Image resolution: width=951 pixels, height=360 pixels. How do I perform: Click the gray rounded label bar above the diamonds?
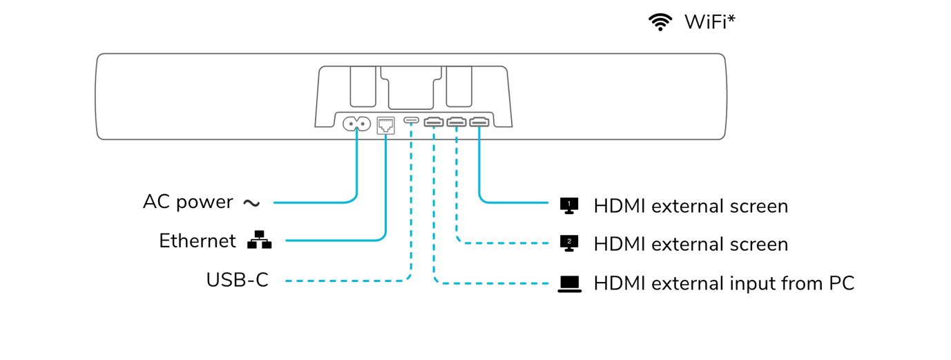pyautogui.click(x=414, y=124)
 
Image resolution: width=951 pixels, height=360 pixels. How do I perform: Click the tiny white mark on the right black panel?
pyautogui.click(x=569, y=204)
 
